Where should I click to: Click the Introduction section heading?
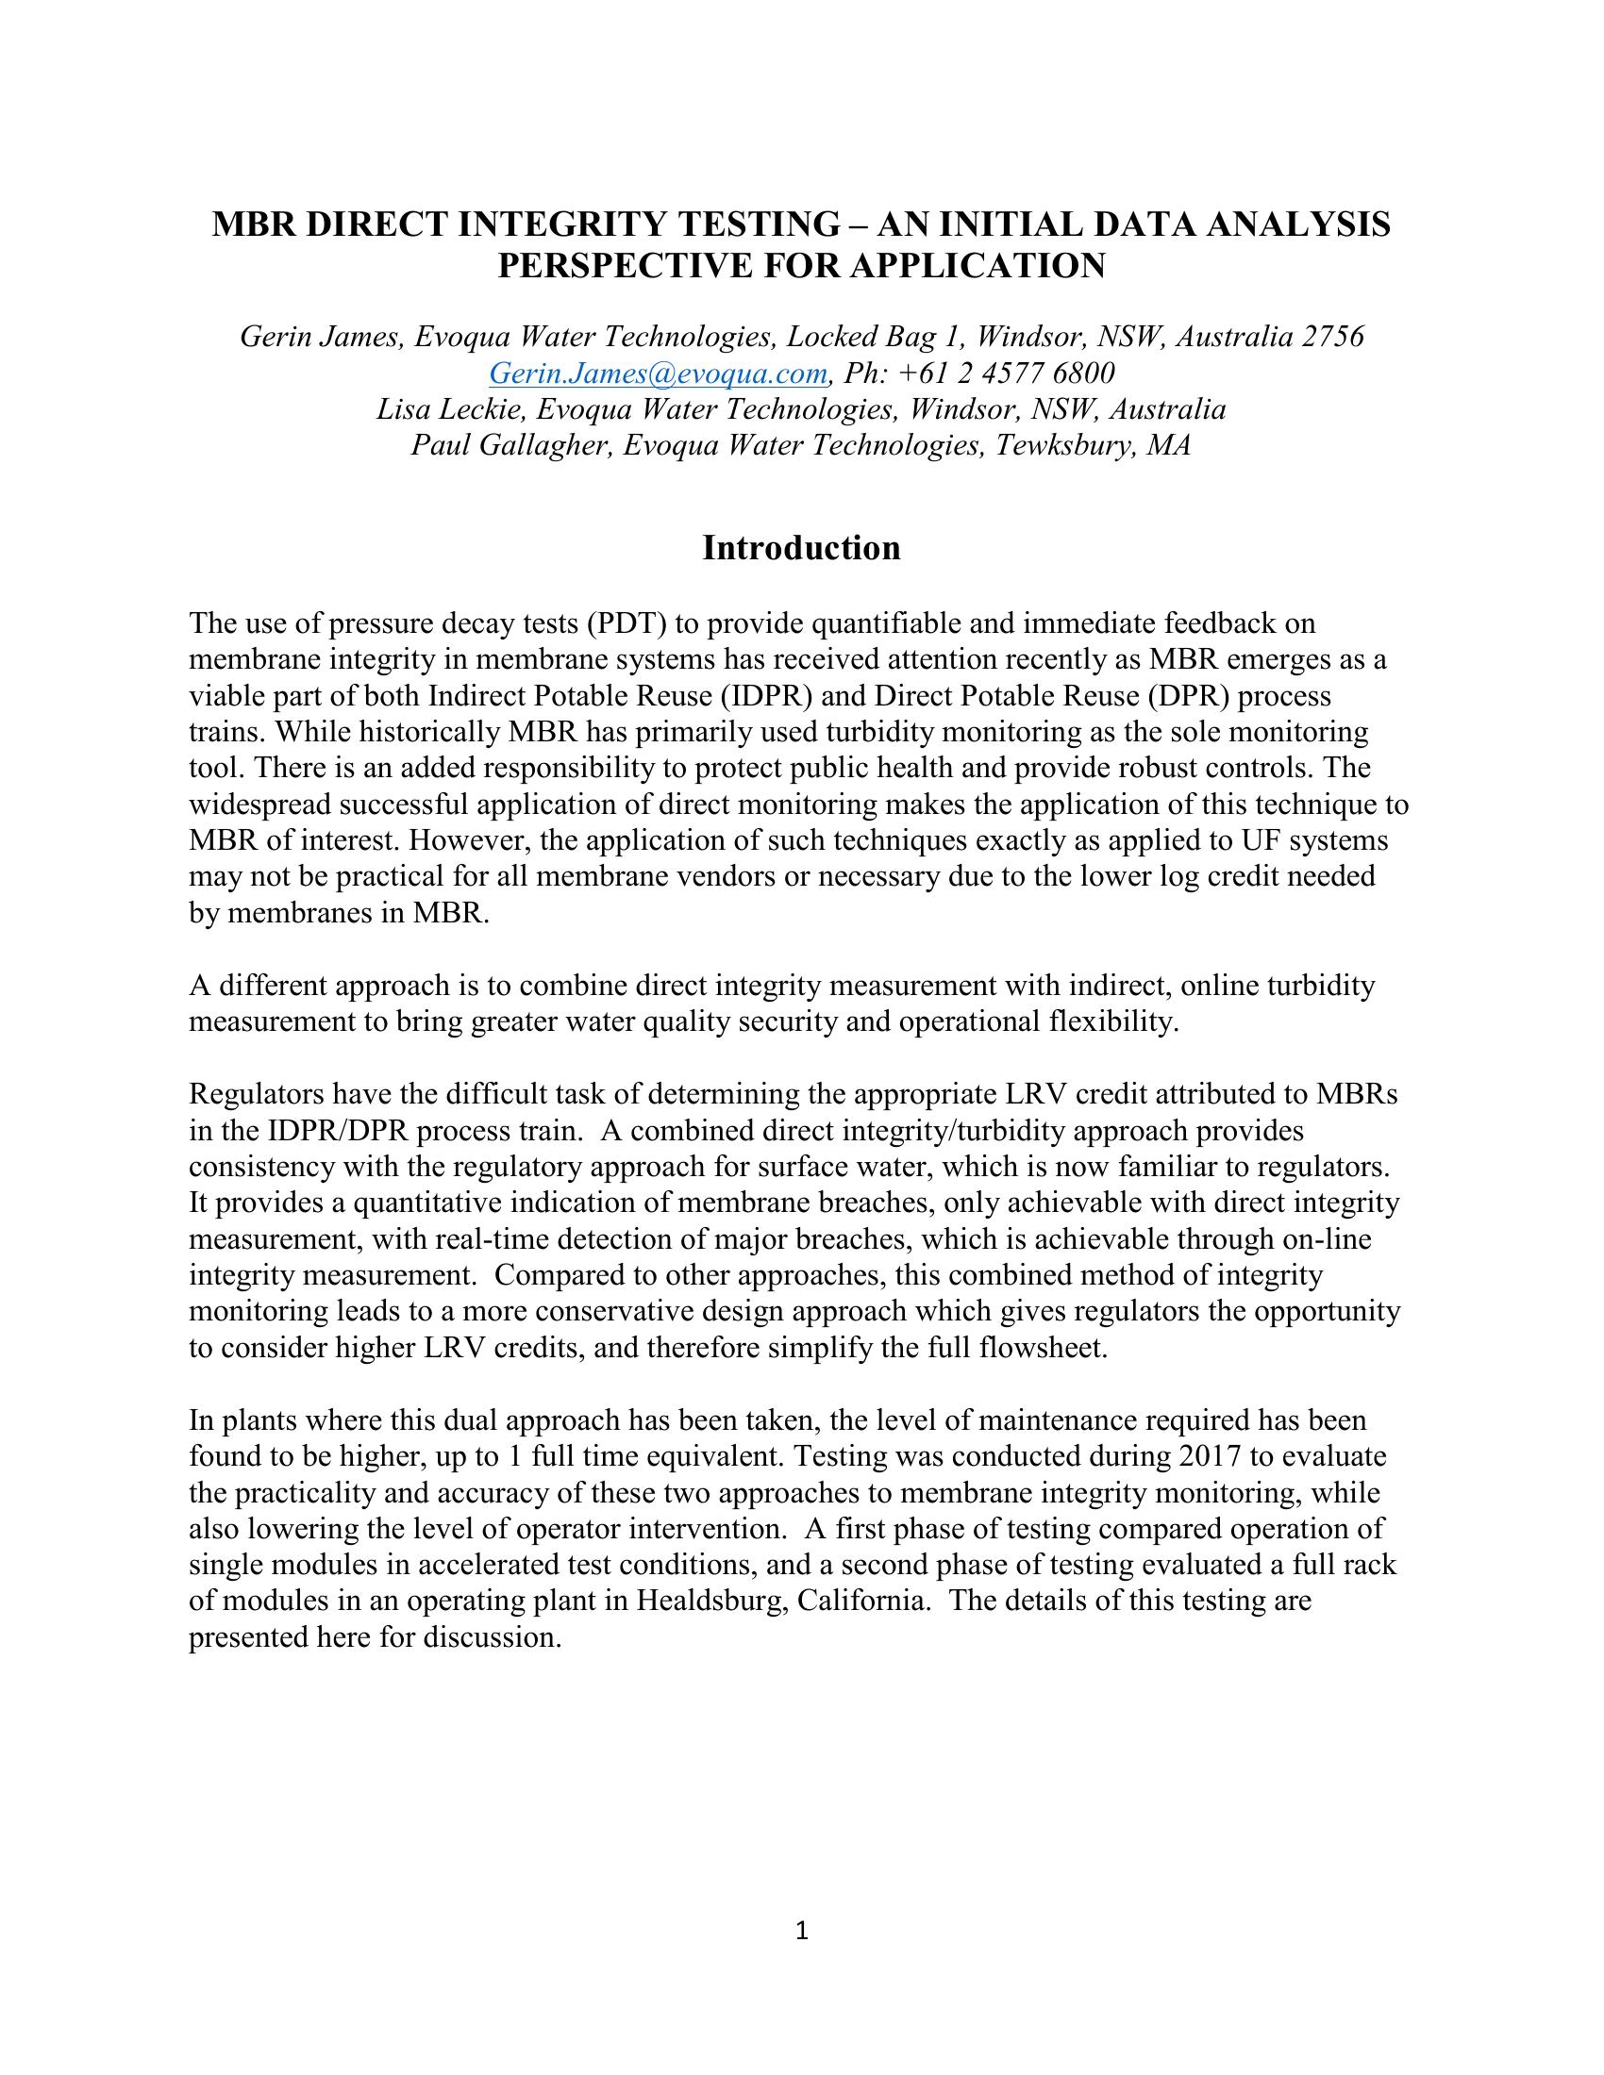(x=801, y=549)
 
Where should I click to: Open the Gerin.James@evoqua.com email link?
(x=658, y=373)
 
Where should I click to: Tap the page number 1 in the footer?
(x=801, y=1930)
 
